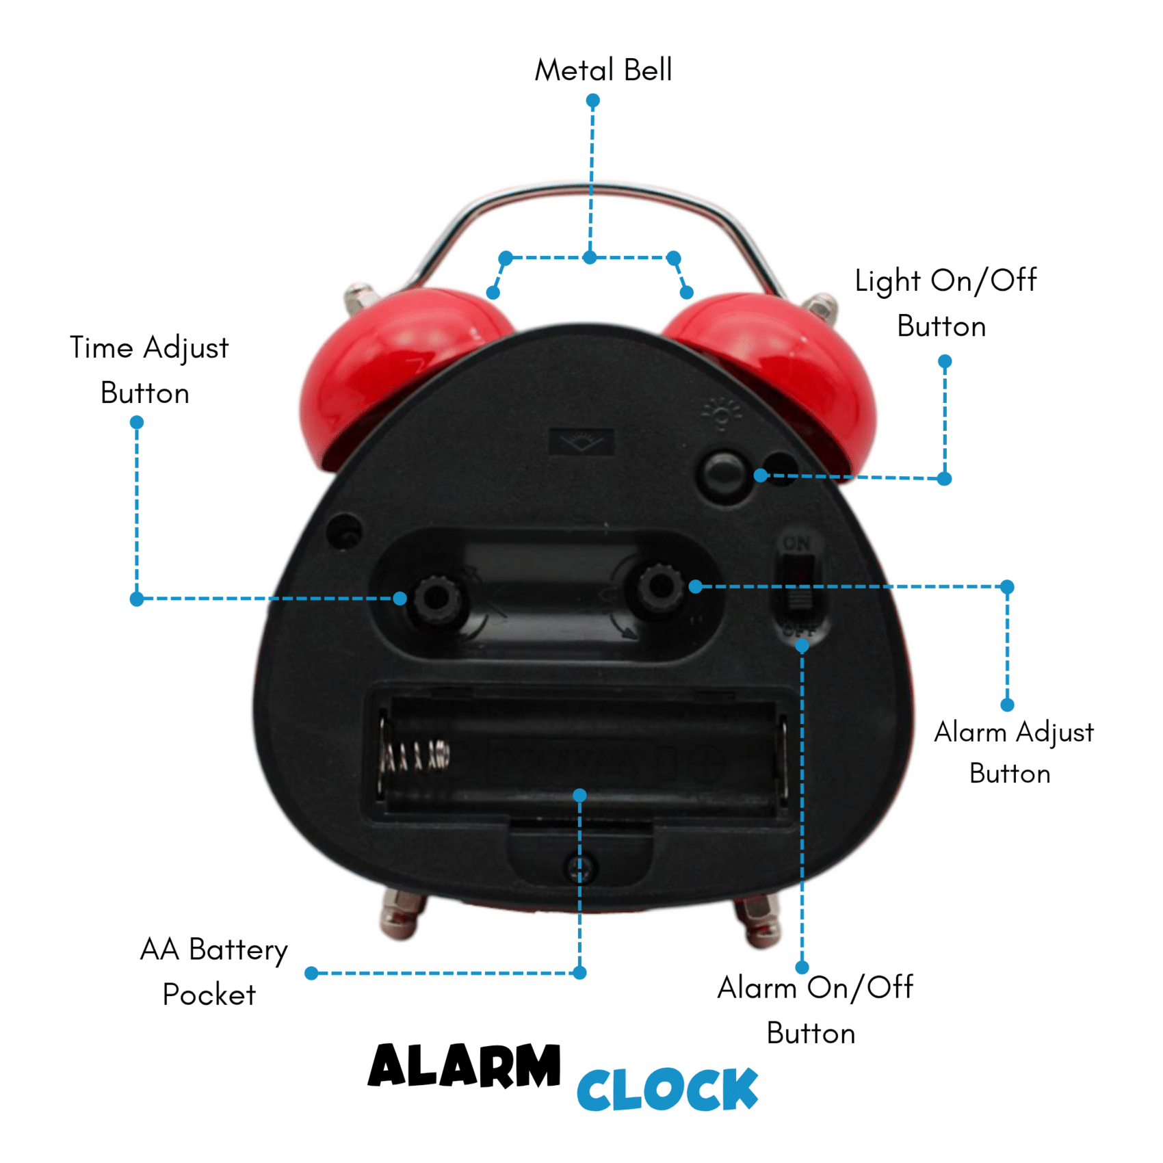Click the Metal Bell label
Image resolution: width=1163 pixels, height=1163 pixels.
click(x=603, y=70)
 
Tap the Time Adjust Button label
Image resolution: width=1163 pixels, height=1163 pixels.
click(x=148, y=370)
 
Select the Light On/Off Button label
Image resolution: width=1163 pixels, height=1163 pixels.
click(x=945, y=303)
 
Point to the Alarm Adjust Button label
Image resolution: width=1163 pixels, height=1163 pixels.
click(x=1014, y=753)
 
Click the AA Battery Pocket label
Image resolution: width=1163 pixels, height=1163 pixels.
click(x=213, y=971)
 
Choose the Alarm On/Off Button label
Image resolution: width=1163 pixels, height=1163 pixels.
click(x=815, y=1010)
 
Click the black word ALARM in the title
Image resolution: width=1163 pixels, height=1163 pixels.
click(x=465, y=1066)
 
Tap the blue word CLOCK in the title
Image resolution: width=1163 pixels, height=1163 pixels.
click(x=667, y=1089)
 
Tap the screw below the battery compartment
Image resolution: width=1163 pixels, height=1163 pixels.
click(x=579, y=868)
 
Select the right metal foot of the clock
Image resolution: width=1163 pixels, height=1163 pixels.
click(x=758, y=921)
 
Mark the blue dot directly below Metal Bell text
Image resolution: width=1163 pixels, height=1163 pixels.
click(x=593, y=101)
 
